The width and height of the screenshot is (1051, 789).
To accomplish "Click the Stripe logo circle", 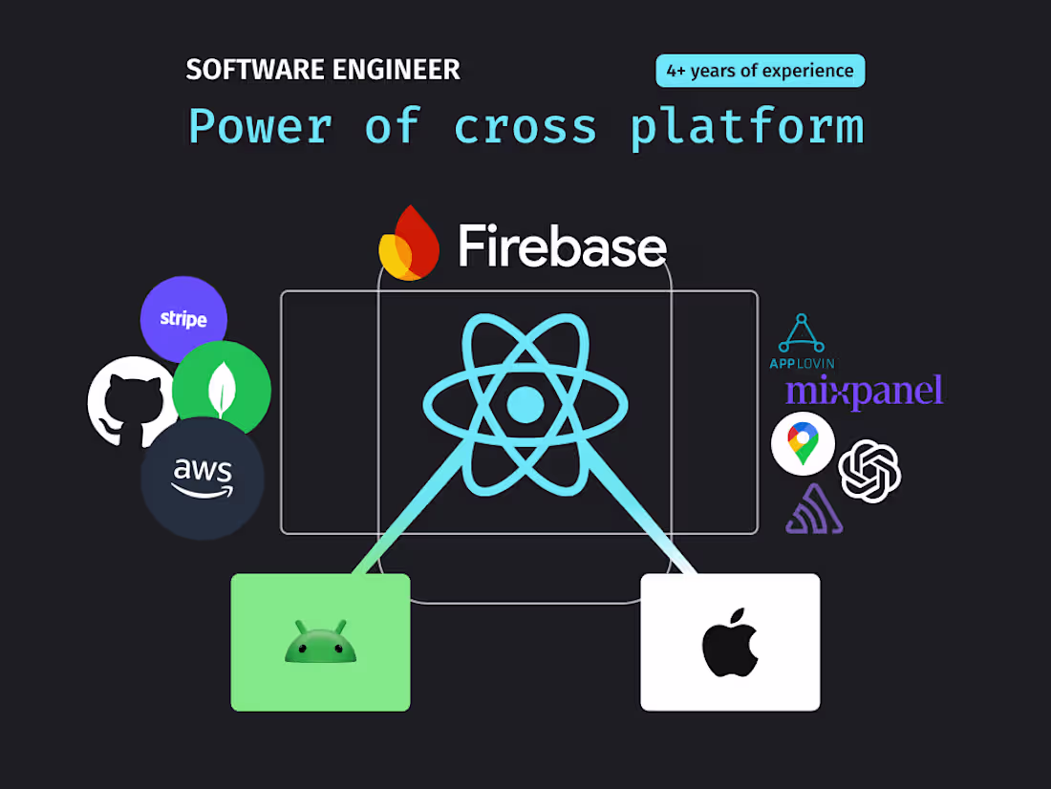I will (183, 319).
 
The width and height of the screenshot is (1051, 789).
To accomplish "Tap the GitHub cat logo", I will (128, 402).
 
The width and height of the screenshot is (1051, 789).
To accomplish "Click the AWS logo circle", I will (203, 479).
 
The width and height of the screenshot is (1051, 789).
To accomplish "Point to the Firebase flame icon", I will (410, 244).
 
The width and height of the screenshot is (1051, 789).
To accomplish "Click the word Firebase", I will (562, 246).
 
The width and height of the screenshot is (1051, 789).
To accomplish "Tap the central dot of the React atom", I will (525, 405).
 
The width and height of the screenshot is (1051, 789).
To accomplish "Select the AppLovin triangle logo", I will (802, 334).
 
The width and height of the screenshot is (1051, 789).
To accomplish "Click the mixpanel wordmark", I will (864, 391).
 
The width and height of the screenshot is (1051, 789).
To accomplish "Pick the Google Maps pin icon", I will (803, 443).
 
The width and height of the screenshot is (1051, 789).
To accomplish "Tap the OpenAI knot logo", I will (869, 471).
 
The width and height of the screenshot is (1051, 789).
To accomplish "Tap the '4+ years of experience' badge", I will (760, 71).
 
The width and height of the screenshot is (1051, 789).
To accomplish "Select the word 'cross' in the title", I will (525, 127).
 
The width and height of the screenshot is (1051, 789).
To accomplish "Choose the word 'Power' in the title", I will (260, 127).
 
